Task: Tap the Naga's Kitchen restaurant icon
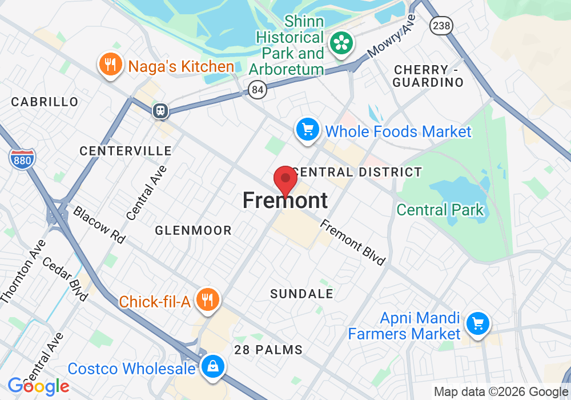coord(108,65)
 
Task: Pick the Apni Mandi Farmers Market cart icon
coord(477,324)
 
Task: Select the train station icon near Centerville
coord(161,111)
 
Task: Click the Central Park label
coord(440,210)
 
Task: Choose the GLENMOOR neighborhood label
coord(194,230)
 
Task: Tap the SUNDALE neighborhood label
coord(301,294)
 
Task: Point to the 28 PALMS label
coord(268,349)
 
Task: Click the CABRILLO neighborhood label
coord(45,102)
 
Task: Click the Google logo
coord(38,386)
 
